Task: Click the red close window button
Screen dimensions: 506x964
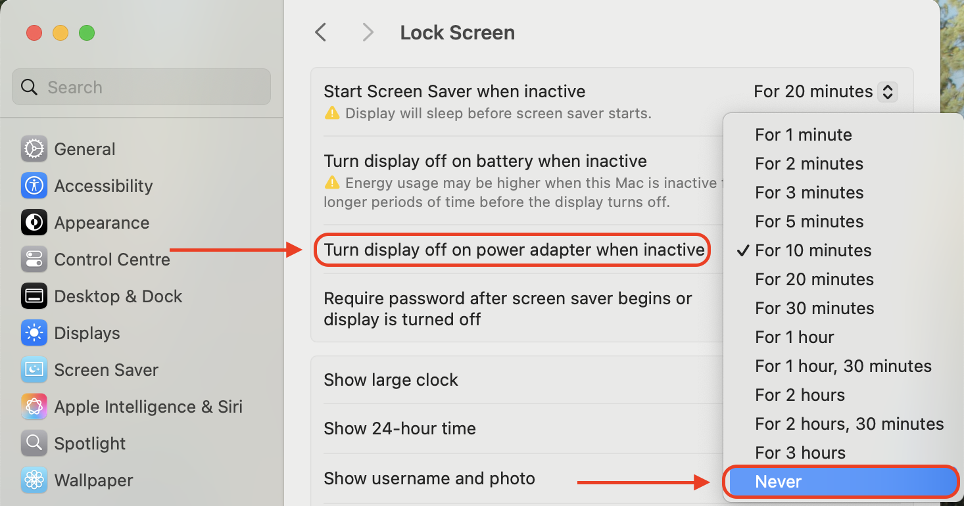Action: (34, 33)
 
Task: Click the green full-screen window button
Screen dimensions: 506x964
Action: (87, 33)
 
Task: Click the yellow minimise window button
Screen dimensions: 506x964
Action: (60, 33)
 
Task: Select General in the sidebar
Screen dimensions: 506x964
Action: (84, 149)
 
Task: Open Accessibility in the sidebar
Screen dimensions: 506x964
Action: (103, 186)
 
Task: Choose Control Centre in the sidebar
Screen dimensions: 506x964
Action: (112, 260)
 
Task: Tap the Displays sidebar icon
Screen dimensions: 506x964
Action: (34, 333)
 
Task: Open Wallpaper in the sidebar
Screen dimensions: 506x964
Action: (93, 480)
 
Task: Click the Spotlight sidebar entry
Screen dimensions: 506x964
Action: (89, 444)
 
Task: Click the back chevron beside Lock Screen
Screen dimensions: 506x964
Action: (321, 32)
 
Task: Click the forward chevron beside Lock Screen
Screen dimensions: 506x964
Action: (368, 32)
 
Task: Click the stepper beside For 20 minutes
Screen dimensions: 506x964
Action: (887, 91)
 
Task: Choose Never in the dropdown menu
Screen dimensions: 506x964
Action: (840, 482)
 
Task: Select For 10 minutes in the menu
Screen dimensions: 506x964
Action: (813, 250)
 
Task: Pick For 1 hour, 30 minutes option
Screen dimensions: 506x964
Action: (843, 366)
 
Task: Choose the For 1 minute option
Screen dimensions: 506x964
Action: (804, 135)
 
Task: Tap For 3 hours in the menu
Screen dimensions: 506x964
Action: (800, 453)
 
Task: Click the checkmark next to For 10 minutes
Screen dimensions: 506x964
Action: (743, 250)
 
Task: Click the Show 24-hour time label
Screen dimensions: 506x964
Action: (400, 428)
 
